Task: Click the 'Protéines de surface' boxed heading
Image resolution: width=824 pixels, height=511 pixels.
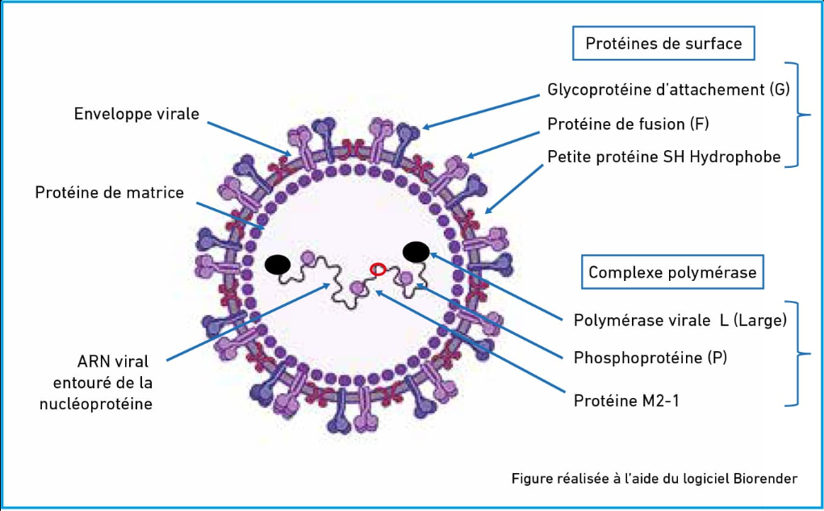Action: pyautogui.click(x=663, y=44)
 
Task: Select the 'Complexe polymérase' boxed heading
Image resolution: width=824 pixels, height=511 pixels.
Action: pyautogui.click(x=672, y=272)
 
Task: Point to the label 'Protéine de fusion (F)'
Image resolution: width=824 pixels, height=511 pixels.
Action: pyautogui.click(x=628, y=124)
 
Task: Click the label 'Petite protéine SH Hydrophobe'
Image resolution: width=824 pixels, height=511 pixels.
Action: pyautogui.click(x=663, y=157)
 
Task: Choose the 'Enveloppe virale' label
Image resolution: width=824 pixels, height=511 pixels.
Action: pyautogui.click(x=136, y=114)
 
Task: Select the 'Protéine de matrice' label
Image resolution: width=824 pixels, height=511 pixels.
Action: pyautogui.click(x=110, y=193)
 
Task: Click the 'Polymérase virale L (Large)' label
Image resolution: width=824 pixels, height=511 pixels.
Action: pyautogui.click(x=680, y=320)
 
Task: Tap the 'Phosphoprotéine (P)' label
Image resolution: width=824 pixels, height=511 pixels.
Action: pyautogui.click(x=650, y=357)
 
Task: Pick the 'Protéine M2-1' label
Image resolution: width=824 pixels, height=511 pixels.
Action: pyautogui.click(x=625, y=400)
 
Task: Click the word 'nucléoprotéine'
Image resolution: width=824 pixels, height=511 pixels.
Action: pyautogui.click(x=96, y=404)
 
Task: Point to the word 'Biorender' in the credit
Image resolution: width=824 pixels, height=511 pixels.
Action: pyautogui.click(x=766, y=478)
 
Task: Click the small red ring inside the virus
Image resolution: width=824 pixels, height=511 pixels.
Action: pyautogui.click(x=377, y=270)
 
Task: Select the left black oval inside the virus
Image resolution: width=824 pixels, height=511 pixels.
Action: pyautogui.click(x=278, y=264)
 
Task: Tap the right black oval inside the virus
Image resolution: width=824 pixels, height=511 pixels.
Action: pyautogui.click(x=416, y=252)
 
